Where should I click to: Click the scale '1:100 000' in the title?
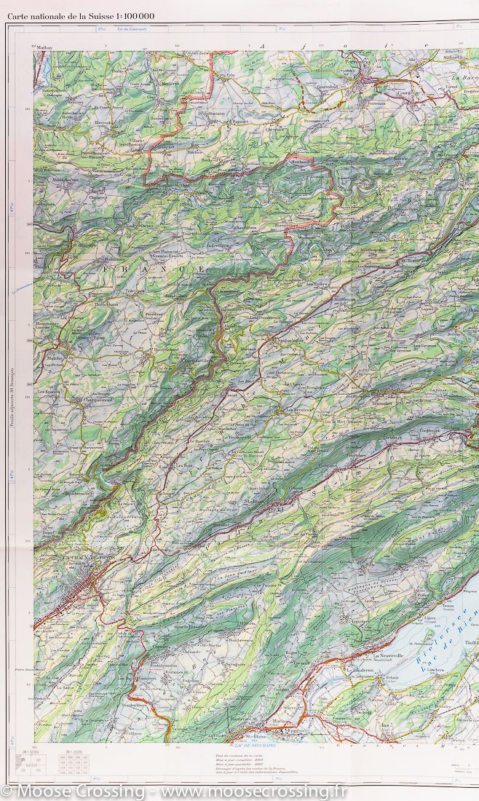click(x=134, y=14)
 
